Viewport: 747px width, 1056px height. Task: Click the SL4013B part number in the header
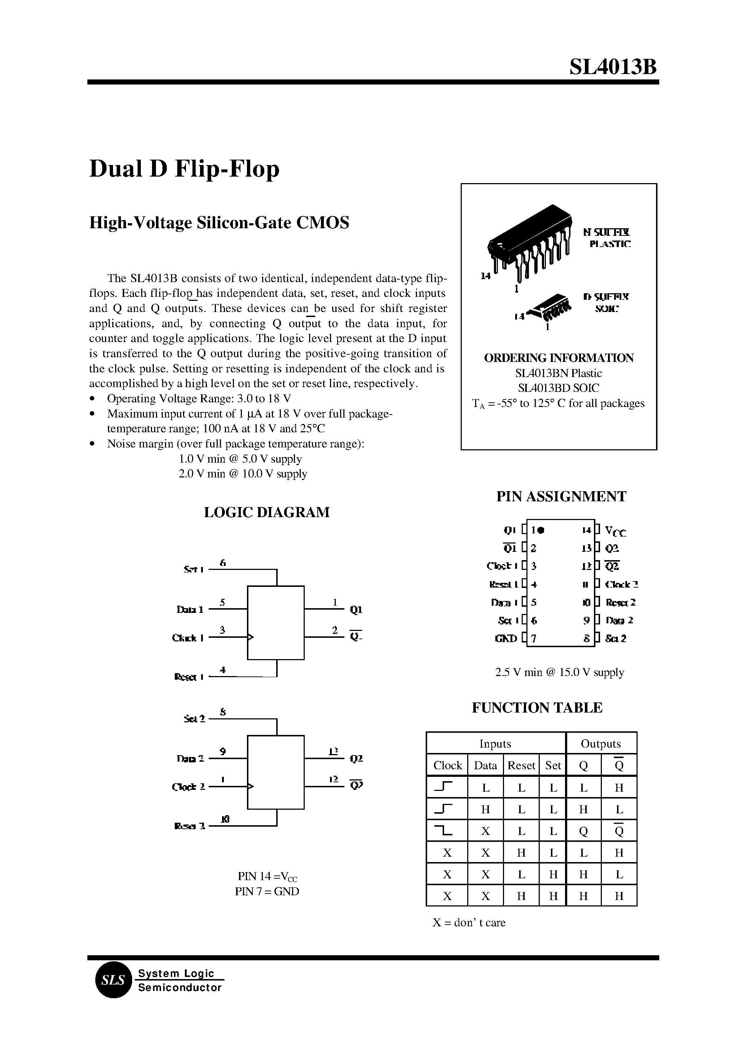pos(613,67)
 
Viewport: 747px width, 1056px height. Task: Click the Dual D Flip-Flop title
pos(184,169)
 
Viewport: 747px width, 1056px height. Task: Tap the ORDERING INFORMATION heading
pos(559,358)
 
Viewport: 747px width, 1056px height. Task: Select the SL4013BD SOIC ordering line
pos(559,388)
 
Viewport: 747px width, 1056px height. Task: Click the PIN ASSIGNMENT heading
pos(561,497)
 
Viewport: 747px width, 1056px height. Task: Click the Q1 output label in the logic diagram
pos(356,610)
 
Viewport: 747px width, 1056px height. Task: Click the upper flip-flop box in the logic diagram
pos(275,623)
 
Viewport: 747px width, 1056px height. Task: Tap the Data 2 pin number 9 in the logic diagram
pos(223,752)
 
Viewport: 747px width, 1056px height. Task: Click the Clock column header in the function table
pos(447,765)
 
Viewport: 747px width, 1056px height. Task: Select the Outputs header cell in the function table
pos(600,744)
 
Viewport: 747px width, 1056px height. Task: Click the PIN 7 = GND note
pos(267,891)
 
